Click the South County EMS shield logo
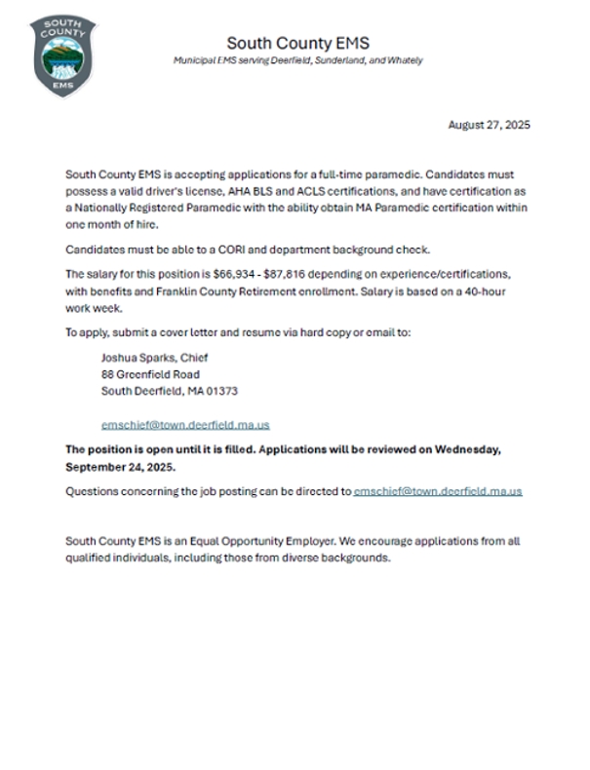63,55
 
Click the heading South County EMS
297,43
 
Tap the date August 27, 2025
489,125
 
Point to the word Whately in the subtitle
404,60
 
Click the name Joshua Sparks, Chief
154,358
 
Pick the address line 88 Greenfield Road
150,374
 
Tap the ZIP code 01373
221,391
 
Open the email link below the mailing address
185,425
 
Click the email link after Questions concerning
438,491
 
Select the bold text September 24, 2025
121,467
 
